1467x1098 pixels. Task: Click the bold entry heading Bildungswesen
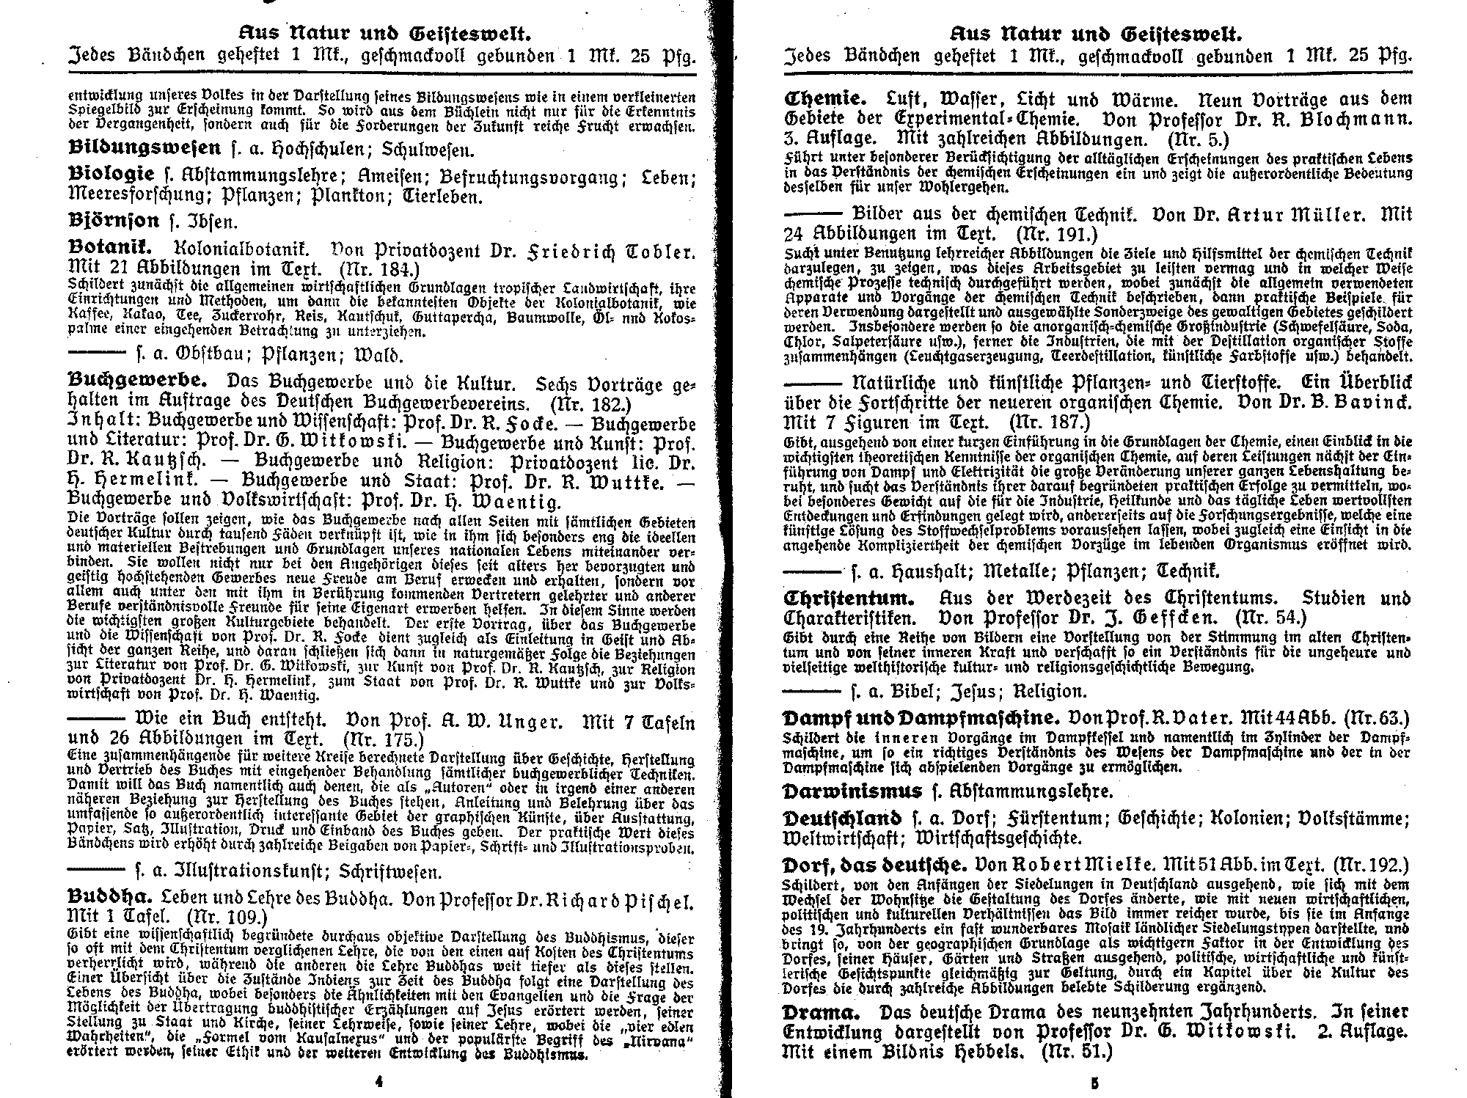tap(144, 148)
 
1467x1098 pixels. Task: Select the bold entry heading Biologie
tap(111, 175)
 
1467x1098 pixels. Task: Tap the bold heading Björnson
tap(113, 221)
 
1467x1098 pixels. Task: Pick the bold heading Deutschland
tap(843, 818)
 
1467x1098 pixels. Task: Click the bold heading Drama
tap(820, 1012)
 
